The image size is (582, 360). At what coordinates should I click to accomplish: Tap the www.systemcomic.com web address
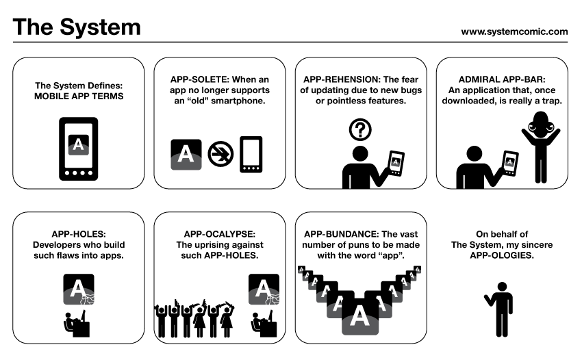(x=514, y=31)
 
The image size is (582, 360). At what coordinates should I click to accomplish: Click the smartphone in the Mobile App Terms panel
(x=79, y=149)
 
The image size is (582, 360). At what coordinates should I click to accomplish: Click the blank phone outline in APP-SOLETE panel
(x=251, y=155)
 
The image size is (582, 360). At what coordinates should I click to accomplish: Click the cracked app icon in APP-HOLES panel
(x=78, y=290)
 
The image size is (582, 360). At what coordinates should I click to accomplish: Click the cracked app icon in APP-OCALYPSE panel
(x=264, y=290)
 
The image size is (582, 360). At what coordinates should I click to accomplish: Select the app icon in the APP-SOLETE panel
(x=186, y=154)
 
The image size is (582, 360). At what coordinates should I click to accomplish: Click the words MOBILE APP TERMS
(x=79, y=97)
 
